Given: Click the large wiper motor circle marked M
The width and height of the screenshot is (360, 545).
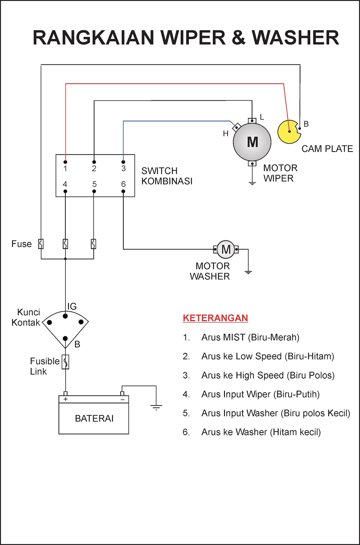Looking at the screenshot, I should [x=252, y=142].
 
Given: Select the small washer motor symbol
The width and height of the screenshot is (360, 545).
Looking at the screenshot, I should [x=226, y=249].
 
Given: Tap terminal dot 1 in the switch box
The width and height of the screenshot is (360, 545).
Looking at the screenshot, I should [x=65, y=162].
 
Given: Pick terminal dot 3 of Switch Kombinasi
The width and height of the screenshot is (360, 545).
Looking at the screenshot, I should [x=123, y=162].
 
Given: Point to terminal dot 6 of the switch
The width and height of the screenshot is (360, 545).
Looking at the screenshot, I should [x=123, y=191].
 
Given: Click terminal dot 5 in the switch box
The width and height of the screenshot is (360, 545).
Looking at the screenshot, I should [x=94, y=191].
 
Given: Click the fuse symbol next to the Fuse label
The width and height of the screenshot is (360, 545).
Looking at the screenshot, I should [x=41, y=244].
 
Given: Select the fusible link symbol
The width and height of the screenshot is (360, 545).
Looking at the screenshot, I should [x=65, y=362].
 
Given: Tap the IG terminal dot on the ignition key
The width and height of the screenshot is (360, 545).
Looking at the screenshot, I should [x=65, y=316].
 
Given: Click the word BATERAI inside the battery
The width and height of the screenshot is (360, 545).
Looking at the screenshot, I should [x=94, y=418].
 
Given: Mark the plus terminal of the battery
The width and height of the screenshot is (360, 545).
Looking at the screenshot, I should [x=65, y=399].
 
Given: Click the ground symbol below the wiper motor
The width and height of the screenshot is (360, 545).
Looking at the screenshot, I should [x=252, y=183].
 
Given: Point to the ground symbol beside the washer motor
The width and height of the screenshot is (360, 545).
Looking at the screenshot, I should [x=248, y=272].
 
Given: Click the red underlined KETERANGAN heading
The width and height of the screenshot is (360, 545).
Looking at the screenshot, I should [x=215, y=318].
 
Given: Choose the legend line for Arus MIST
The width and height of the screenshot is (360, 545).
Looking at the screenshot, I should [x=250, y=337].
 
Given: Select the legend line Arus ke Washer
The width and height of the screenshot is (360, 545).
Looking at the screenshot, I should [x=261, y=432].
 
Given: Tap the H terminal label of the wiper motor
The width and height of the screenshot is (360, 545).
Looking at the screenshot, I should [x=225, y=134].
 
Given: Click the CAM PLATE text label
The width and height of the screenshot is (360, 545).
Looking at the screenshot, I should [x=327, y=149].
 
